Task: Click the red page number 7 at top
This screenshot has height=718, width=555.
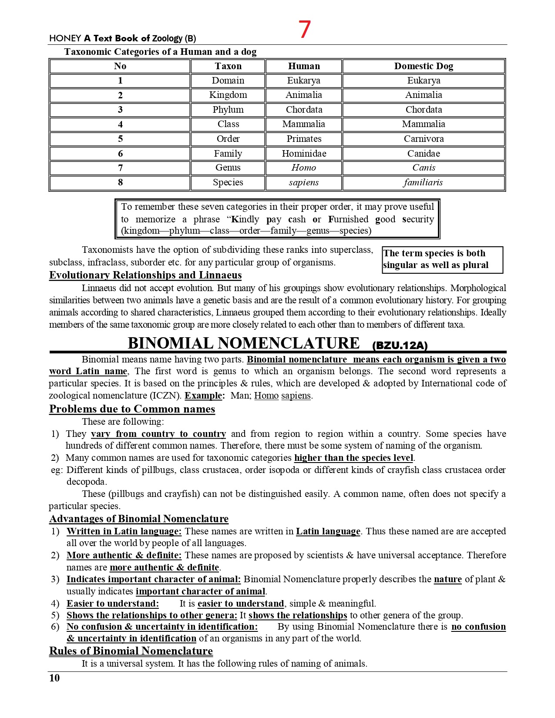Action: click(304, 30)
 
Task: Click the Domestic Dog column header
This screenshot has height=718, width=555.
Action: click(424, 66)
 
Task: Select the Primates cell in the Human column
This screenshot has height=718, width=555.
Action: click(304, 139)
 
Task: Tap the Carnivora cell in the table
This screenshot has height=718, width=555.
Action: click(424, 139)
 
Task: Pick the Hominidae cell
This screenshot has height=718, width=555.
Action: click(304, 154)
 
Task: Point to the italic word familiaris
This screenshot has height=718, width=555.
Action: click(423, 182)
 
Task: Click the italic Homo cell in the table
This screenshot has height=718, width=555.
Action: click(304, 168)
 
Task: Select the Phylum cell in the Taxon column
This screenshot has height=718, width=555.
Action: click(228, 110)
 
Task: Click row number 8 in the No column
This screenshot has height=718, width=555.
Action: click(120, 182)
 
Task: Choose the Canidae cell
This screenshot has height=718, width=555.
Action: click(424, 154)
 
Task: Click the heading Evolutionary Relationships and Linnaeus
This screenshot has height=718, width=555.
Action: click(145, 275)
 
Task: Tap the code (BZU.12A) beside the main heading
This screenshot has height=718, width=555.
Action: click(400, 346)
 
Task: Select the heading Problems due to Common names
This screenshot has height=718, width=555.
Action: click(132, 409)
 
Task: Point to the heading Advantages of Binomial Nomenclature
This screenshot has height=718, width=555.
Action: click(139, 519)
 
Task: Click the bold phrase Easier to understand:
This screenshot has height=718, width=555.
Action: click(113, 604)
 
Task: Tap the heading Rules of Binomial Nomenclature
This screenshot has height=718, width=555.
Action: click(131, 651)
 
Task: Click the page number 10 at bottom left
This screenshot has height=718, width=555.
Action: click(54, 678)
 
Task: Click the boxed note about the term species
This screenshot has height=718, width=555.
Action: click(442, 259)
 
